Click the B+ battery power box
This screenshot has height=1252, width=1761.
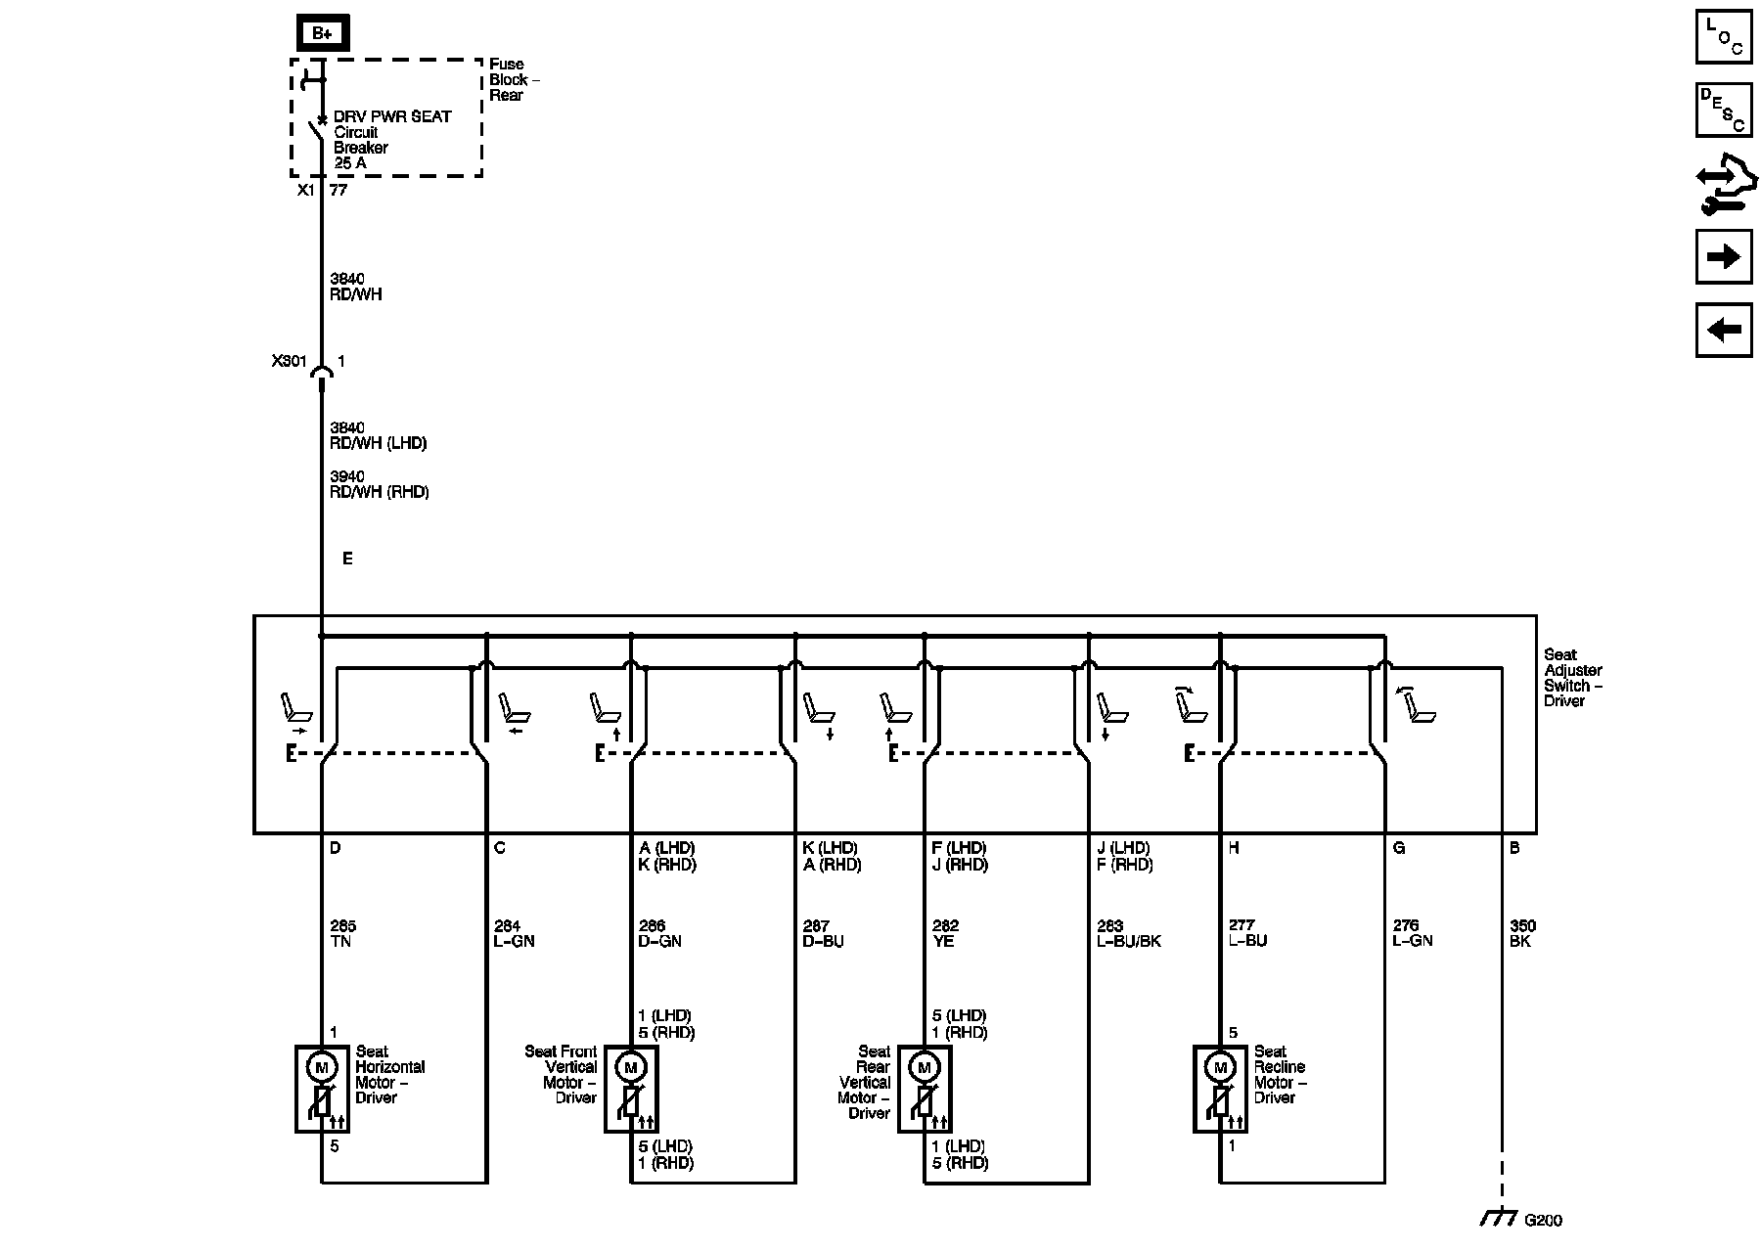pos(322,33)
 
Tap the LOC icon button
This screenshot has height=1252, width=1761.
pos(1723,36)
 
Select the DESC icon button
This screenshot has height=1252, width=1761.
pos(1723,110)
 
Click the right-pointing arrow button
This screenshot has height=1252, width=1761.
pos(1723,257)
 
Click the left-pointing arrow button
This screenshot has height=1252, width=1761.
pos(1723,330)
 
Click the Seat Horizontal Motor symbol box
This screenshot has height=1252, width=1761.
pos(322,1089)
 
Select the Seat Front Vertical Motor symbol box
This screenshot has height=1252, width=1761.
pos(631,1089)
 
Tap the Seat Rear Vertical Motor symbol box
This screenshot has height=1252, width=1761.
pos(925,1089)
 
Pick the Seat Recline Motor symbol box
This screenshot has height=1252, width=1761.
pos(1220,1089)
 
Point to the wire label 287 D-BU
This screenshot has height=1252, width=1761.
pos(822,933)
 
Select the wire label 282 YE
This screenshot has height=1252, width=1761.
pos(945,933)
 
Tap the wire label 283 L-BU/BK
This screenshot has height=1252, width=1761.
pos(1128,933)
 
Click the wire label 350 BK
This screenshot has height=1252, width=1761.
pos(1521,933)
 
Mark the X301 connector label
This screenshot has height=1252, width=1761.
pos(290,361)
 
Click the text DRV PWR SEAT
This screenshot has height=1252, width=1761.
pos(392,116)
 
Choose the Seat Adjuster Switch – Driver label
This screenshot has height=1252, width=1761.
pos(1573,677)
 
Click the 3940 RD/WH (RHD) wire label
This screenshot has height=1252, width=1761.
pos(379,484)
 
